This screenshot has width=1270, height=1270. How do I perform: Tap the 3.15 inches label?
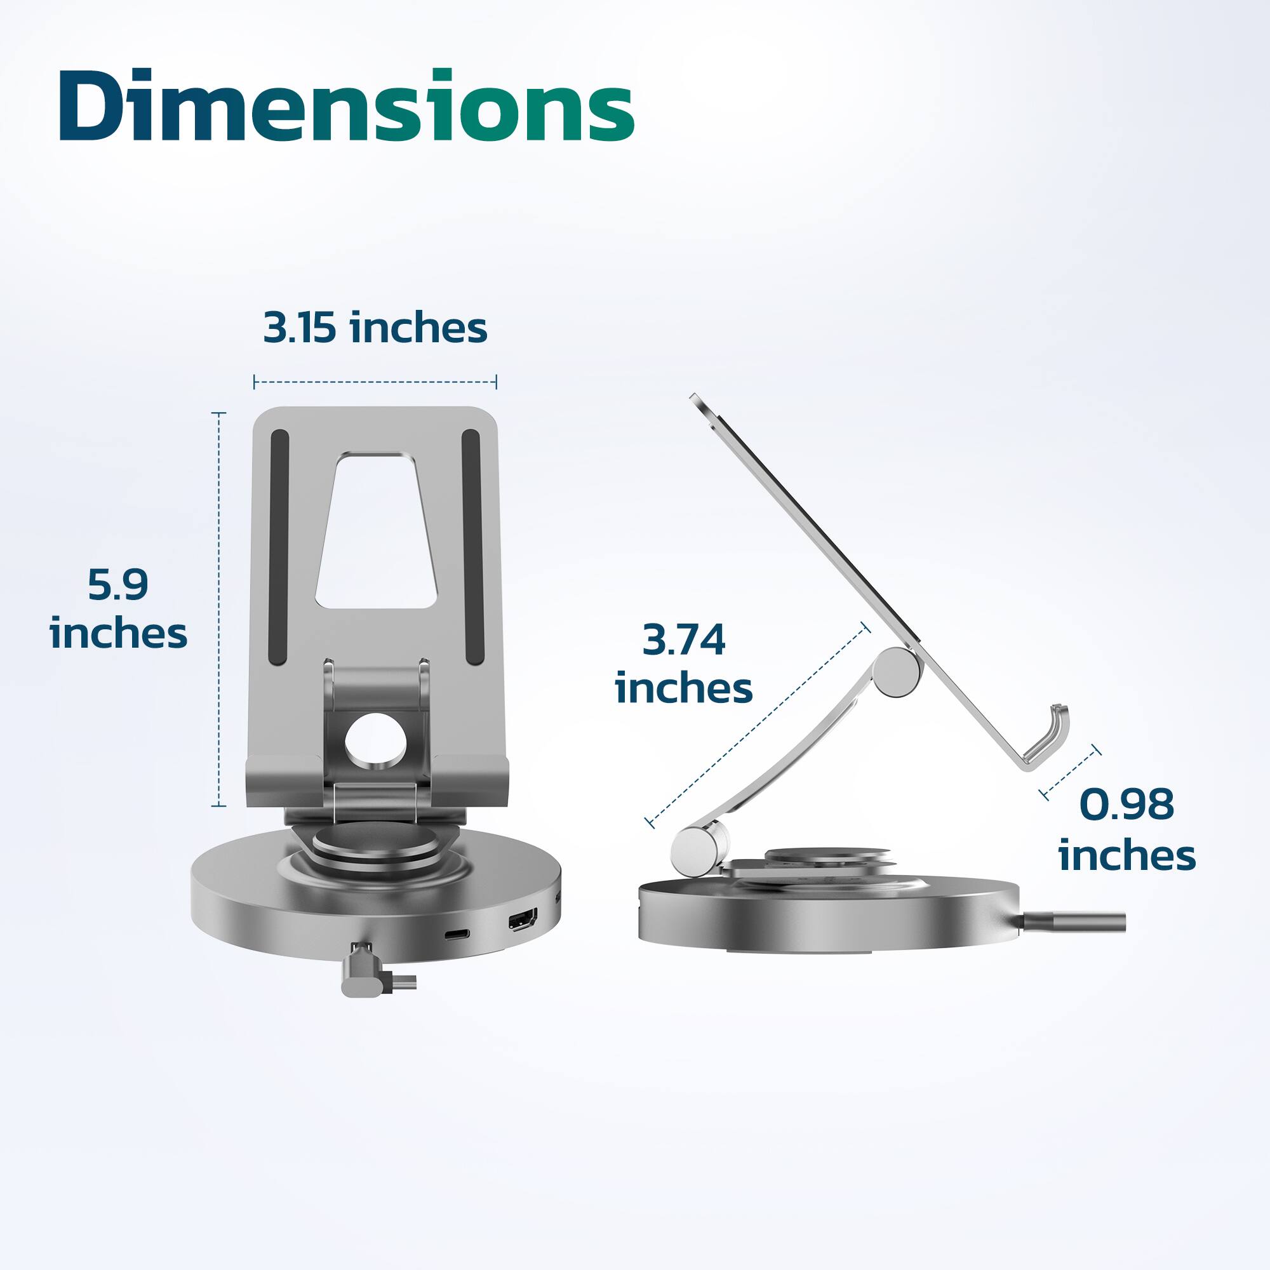tap(375, 328)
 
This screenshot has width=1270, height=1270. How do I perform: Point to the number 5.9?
tap(118, 584)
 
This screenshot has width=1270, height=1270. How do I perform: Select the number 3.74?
tap(684, 639)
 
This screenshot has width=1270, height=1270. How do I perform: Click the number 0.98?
tap(1126, 804)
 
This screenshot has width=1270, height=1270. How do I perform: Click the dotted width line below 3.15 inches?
tap(375, 381)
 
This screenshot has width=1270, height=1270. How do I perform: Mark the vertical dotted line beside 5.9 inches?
tap(219, 608)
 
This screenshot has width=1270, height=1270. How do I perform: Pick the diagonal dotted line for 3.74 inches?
tap(758, 726)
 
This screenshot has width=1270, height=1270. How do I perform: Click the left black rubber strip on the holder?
tap(279, 547)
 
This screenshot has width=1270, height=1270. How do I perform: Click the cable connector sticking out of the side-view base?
tap(1078, 922)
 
